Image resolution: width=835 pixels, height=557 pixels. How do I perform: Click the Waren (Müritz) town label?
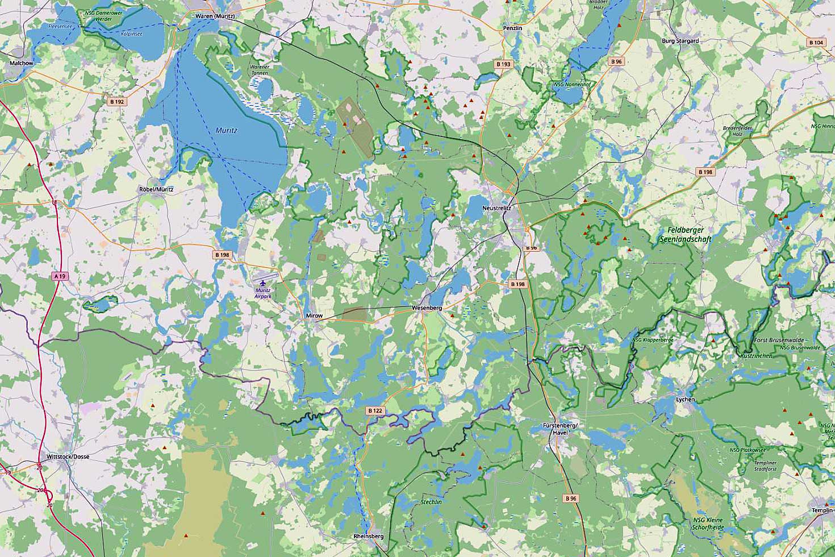(x=215, y=16)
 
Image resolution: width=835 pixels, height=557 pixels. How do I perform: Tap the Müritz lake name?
(x=226, y=130)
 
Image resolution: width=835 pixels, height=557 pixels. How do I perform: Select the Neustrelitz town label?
(x=498, y=209)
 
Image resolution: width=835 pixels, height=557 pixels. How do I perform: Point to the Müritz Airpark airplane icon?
(x=262, y=282)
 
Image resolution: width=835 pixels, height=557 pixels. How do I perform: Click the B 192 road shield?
(x=116, y=102)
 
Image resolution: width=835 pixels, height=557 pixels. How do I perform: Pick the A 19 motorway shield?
(x=59, y=276)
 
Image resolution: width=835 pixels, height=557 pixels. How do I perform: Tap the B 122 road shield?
(x=375, y=410)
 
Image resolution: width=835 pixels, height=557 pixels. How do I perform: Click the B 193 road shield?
(x=503, y=64)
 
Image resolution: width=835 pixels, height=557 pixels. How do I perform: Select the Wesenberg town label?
(x=427, y=307)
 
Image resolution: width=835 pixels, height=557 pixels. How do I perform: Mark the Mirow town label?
(x=314, y=315)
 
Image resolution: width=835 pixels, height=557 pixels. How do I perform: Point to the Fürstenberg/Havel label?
(x=560, y=429)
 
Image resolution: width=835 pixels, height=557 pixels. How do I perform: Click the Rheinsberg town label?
(x=369, y=536)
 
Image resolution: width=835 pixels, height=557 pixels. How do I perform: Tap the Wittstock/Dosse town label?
(x=68, y=456)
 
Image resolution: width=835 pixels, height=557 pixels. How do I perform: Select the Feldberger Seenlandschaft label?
(x=686, y=234)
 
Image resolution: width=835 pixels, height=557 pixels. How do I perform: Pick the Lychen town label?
(x=685, y=400)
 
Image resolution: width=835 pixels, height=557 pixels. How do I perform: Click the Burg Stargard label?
(x=680, y=41)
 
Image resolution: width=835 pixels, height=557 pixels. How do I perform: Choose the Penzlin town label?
(x=512, y=27)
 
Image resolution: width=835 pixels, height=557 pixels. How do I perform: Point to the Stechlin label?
(x=431, y=502)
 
